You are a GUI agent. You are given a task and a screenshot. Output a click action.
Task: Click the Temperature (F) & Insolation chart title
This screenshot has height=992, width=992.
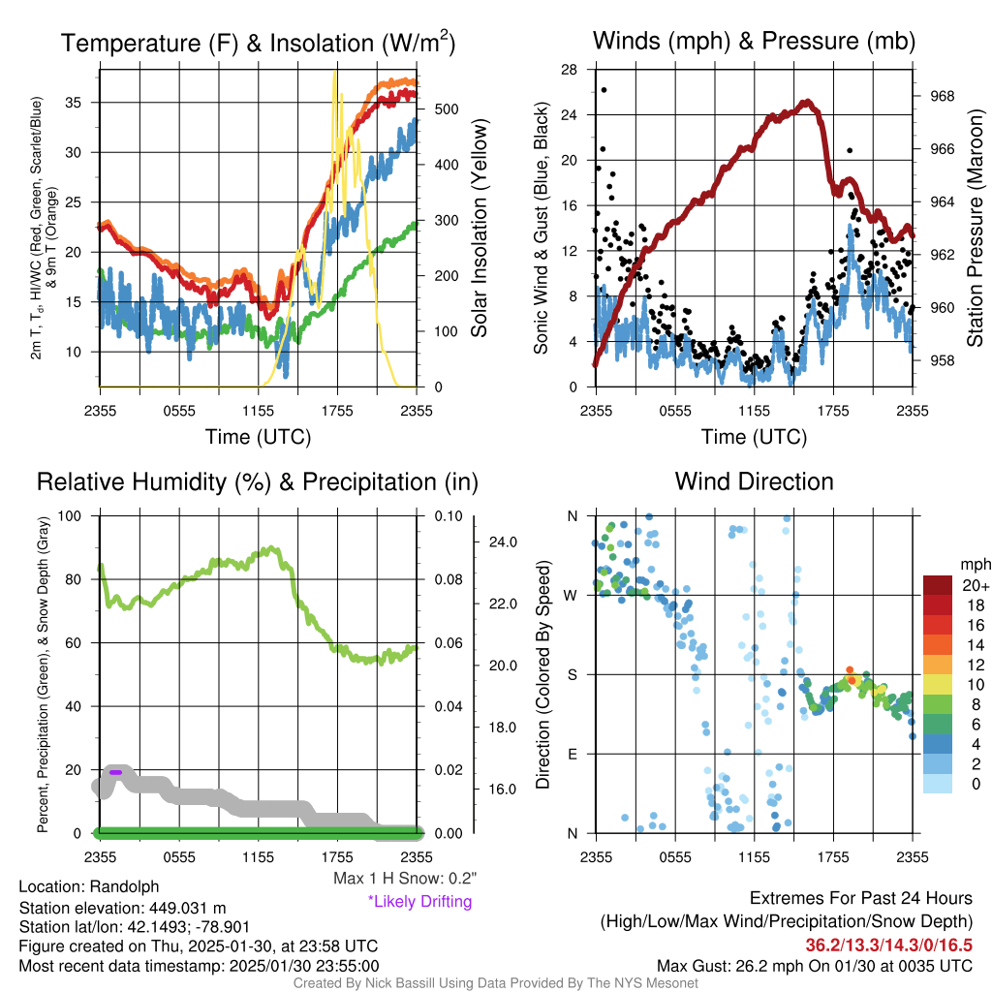258,43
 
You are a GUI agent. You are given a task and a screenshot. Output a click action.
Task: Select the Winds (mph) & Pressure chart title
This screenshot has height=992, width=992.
754,41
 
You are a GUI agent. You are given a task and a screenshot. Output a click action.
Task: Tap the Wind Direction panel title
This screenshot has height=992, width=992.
754,481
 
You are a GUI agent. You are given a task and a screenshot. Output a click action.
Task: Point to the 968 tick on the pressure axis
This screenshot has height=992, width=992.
941,96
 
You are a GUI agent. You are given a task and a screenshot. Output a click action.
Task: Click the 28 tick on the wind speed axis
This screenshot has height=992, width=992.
570,69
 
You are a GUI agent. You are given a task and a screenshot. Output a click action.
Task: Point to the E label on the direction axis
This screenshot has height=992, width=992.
572,754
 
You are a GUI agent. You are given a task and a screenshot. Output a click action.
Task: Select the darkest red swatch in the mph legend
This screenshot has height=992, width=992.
939,585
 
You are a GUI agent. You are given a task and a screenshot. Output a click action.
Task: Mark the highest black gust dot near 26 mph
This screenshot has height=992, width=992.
604,90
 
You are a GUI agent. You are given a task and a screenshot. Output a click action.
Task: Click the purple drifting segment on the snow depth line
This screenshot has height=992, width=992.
115,772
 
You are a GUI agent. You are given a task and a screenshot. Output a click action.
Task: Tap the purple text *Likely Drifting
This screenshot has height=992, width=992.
419,901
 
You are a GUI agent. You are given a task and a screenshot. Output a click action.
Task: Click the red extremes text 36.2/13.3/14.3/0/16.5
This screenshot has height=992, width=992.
888,944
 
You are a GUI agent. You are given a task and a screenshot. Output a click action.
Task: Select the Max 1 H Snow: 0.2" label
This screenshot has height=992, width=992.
405,879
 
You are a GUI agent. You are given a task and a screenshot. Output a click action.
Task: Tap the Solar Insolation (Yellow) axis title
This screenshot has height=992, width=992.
479,228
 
